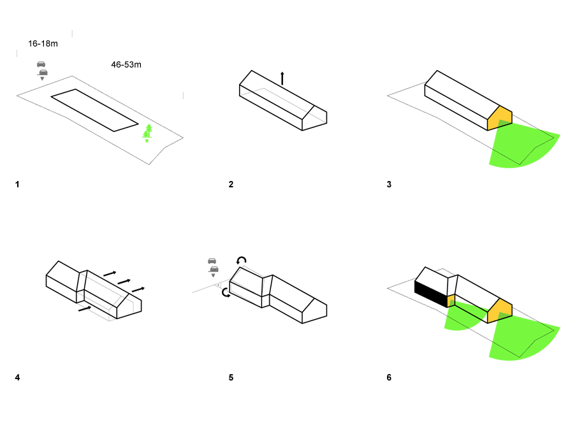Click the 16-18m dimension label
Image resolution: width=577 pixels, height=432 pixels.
[43, 44]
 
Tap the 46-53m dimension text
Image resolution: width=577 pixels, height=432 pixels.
[126, 65]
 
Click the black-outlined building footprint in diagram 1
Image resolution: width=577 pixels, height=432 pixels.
[94, 110]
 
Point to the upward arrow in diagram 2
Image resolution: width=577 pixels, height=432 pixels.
[282, 78]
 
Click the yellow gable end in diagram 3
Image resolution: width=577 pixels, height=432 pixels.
[500, 118]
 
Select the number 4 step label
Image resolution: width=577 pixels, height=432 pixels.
[17, 378]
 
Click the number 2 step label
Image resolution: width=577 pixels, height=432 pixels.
[231, 185]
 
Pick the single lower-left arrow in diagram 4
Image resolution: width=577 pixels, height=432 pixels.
[85, 309]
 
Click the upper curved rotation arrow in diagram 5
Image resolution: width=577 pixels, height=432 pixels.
[242, 261]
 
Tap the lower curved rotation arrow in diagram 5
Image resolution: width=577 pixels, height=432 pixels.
[226, 293]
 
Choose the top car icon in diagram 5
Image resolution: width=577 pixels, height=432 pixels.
[212, 261]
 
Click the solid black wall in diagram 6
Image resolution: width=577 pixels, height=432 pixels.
[431, 293]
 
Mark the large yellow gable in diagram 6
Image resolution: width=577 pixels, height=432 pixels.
[500, 311]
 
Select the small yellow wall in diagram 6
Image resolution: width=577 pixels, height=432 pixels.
[451, 301]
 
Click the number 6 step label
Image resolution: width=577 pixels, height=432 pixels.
[389, 378]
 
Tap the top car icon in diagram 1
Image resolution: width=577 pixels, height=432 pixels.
[41, 64]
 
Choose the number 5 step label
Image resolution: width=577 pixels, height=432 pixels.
[231, 378]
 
